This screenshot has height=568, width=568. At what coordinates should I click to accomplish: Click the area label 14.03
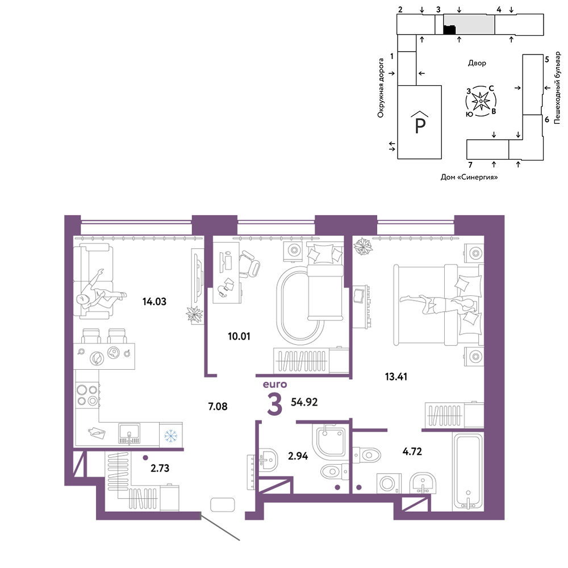click(x=154, y=302)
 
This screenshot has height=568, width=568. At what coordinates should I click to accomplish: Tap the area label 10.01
click(x=239, y=336)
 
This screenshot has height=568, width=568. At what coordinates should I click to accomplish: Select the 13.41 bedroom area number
click(x=396, y=377)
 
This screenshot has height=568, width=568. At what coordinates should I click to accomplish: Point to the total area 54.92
click(x=304, y=402)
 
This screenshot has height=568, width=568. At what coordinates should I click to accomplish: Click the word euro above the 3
click(x=275, y=384)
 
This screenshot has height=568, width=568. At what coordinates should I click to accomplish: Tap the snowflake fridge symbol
click(x=170, y=436)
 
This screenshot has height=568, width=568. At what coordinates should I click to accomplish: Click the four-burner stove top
click(x=87, y=395)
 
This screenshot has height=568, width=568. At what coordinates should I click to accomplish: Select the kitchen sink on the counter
click(x=130, y=433)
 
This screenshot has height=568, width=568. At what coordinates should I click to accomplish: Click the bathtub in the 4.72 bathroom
click(x=468, y=472)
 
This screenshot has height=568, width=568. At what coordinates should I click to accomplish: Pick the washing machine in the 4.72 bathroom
click(x=389, y=483)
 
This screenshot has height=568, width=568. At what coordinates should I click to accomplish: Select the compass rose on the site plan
click(x=481, y=101)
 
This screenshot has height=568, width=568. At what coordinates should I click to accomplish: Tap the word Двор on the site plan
click(x=477, y=63)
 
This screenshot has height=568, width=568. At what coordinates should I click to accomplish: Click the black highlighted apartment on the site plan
click(x=449, y=30)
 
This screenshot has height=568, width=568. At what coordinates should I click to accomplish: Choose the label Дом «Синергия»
click(x=469, y=177)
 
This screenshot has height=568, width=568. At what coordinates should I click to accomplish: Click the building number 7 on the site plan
click(x=470, y=165)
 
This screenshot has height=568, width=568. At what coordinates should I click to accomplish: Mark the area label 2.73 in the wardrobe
click(x=160, y=468)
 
